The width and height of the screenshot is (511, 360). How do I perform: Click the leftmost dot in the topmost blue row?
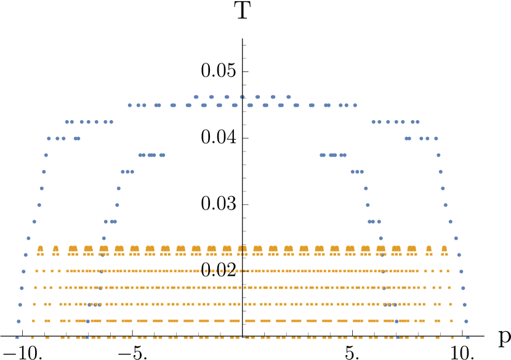coord(196,97)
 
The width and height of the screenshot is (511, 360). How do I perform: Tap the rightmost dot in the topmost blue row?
coord(288,97)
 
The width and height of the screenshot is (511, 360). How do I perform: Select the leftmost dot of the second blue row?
coord(130,105)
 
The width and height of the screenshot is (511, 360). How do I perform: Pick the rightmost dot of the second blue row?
coord(355,105)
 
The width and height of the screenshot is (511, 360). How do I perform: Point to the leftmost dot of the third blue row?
coord(67,122)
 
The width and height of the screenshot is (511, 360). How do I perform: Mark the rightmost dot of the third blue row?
coord(417,122)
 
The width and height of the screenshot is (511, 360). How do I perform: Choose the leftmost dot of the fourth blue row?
coord(49,138)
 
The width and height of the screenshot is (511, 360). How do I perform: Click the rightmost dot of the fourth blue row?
coord(436,138)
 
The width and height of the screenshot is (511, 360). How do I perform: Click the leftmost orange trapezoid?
coord(41,249)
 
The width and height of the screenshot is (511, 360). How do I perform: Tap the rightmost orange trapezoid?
coord(444,249)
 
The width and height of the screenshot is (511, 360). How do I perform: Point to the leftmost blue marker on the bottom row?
coord(17,338)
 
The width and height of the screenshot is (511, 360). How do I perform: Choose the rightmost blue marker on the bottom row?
coord(467,338)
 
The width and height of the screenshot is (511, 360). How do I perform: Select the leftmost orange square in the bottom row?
coord(32,338)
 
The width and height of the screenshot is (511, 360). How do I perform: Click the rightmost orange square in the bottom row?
coord(452,338)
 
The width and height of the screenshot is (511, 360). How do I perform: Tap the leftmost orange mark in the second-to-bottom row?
coord(33,321)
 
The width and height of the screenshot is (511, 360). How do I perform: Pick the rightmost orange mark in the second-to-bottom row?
coord(451,321)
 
